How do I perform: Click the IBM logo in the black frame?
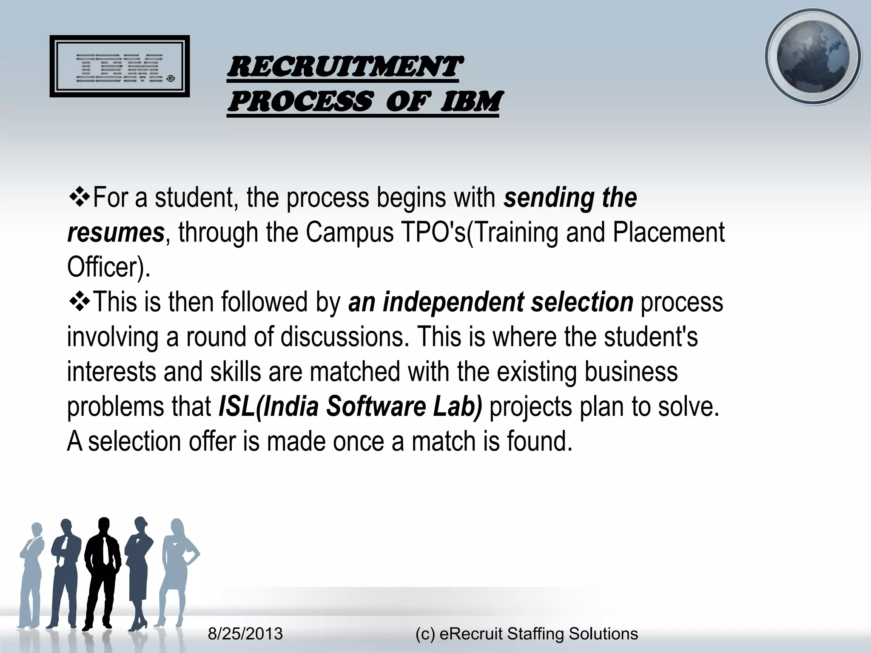pyautogui.click(x=120, y=67)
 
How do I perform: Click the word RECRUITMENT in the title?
pyautogui.click(x=343, y=67)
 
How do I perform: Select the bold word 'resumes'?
pyautogui.click(x=116, y=233)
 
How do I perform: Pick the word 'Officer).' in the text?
pyautogui.click(x=109, y=267)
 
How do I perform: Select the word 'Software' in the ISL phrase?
pyautogui.click(x=376, y=407)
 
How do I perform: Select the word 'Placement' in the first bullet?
pyautogui.click(x=668, y=233)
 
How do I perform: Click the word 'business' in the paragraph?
pyautogui.click(x=631, y=372)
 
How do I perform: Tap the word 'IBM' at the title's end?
pyautogui.click(x=470, y=102)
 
